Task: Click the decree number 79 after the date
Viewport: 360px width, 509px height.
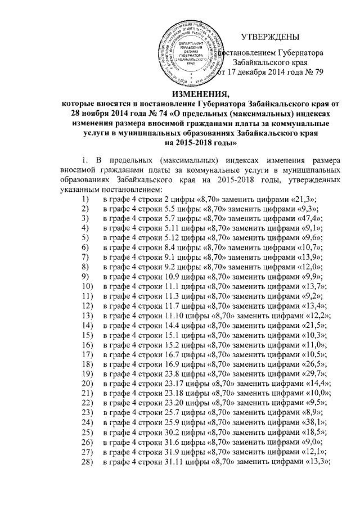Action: coord(318,75)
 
